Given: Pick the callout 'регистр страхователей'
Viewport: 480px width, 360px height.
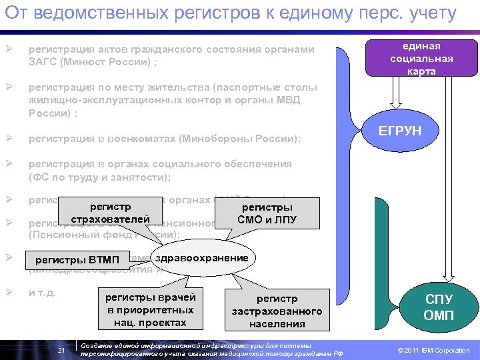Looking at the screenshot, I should point(111,213).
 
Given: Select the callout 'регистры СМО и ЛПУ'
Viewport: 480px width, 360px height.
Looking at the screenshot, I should point(267,213).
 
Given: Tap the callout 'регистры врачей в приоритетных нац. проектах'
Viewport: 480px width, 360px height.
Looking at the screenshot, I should point(150,309).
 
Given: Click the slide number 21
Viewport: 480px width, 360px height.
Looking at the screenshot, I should point(61,351).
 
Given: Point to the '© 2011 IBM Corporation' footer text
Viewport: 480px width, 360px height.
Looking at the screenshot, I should point(433,351).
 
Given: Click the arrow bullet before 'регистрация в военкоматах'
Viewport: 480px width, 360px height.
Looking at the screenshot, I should point(9,138).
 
